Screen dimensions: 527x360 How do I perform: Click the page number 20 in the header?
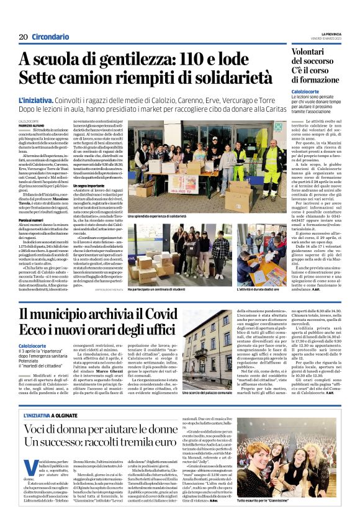(23, 37)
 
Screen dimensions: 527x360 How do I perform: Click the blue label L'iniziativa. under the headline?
(36, 100)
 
